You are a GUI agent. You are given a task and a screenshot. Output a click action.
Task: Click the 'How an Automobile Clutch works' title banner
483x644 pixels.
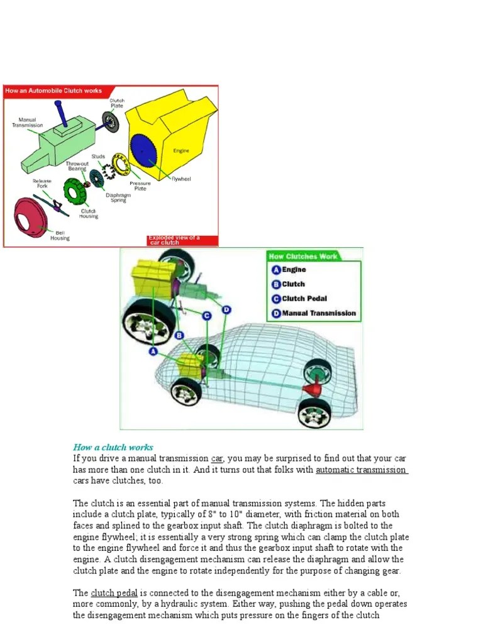pos(53,91)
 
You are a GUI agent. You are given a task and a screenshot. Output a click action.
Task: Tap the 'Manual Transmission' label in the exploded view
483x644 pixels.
pos(27,122)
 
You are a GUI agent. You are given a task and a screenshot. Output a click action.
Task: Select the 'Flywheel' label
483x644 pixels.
pos(181,179)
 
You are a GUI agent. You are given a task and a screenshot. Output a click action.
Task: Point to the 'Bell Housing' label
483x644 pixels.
pos(60,236)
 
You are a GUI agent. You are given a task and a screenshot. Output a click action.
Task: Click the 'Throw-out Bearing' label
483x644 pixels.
pos(77,166)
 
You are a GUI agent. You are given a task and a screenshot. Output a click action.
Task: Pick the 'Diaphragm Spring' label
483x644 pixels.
pos(118,197)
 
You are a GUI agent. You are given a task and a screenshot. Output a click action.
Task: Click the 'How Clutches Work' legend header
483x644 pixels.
pos(303,256)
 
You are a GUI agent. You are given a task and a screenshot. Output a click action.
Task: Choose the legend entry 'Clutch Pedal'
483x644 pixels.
pos(304,299)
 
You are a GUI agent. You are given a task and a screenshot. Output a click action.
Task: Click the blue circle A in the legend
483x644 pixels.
pos(275,270)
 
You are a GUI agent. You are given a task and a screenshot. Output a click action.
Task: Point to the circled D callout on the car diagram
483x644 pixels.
pos(226,309)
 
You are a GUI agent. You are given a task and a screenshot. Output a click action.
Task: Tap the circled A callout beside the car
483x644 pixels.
pos(153,352)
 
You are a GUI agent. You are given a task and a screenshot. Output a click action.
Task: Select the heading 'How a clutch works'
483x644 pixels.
pos(113,447)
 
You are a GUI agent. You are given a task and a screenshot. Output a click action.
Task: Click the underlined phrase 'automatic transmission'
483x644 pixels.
pos(361,470)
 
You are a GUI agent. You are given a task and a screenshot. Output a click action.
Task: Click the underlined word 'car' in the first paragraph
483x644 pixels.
pos(217,458)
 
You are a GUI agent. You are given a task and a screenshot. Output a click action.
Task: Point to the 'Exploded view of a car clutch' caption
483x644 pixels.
pos(174,240)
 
